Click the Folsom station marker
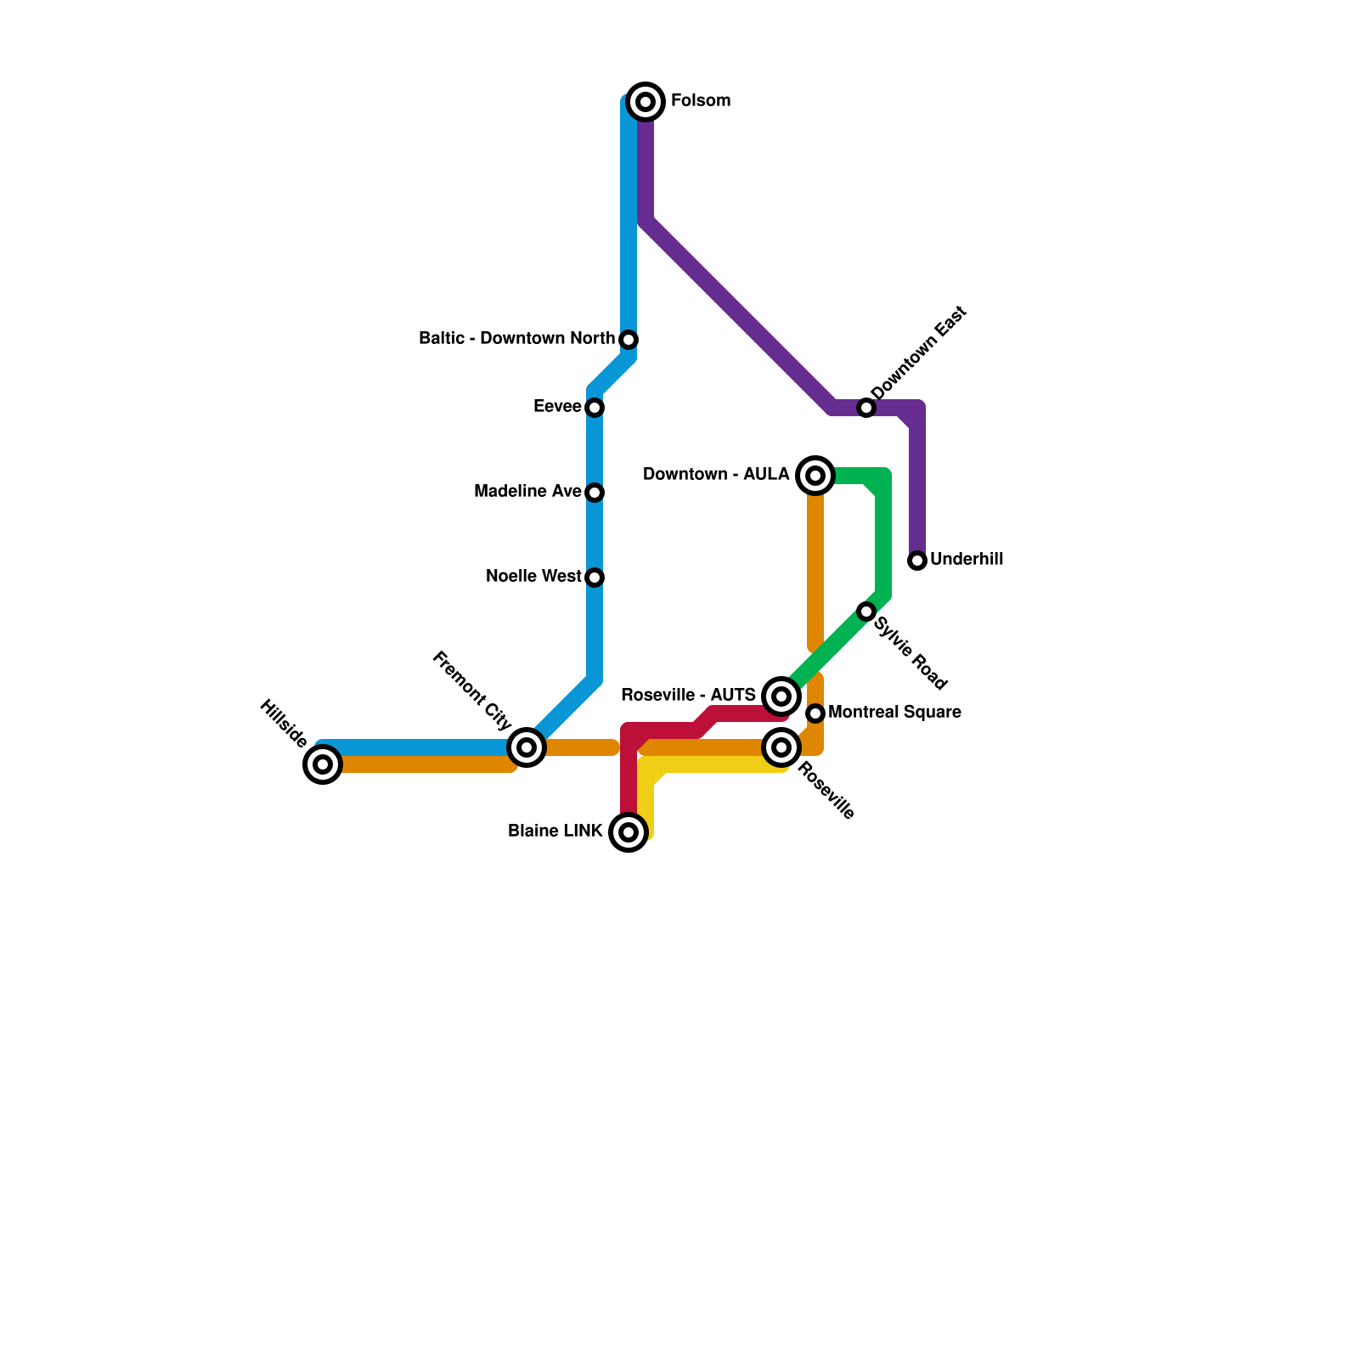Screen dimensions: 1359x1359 coord(646,102)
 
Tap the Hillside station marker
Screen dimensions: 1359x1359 coord(322,764)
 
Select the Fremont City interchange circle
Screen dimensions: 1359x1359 coord(527,747)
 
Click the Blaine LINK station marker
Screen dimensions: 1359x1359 coord(629,832)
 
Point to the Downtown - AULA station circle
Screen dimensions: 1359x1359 coord(815,476)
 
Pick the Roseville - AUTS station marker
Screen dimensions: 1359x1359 coord(781,696)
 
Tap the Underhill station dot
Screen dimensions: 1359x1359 coord(916,561)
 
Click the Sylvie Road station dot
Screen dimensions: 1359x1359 coord(866,612)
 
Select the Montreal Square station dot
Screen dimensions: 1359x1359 coord(815,713)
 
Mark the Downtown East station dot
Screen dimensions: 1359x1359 coord(866,408)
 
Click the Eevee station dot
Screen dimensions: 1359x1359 coord(595,408)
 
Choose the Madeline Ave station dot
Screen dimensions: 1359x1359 coord(595,493)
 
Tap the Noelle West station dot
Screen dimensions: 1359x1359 coord(595,578)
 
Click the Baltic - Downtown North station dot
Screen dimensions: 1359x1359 coord(629,340)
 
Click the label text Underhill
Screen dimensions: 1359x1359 coord(967,560)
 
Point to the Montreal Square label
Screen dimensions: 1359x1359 coord(894,713)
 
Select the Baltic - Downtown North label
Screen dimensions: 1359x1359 coord(516,339)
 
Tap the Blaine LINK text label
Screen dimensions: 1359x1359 coord(555,832)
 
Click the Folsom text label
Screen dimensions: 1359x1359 coord(701,101)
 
